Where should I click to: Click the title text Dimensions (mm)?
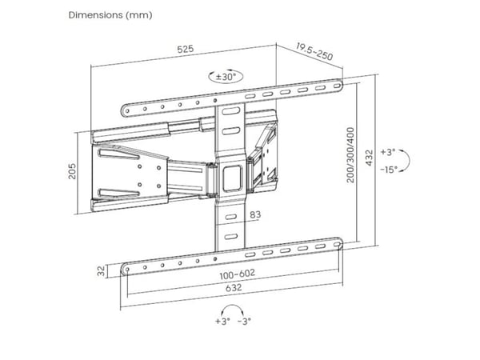click(110, 15)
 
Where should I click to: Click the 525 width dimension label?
click(186, 49)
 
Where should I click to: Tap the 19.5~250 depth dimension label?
click(314, 52)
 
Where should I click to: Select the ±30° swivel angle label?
click(226, 77)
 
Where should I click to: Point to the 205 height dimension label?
click(72, 171)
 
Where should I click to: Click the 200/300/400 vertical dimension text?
click(350, 155)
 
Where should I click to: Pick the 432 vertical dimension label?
click(370, 158)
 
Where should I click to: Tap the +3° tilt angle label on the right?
click(388, 152)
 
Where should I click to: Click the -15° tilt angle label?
click(389, 170)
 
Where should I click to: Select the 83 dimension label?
click(255, 214)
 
